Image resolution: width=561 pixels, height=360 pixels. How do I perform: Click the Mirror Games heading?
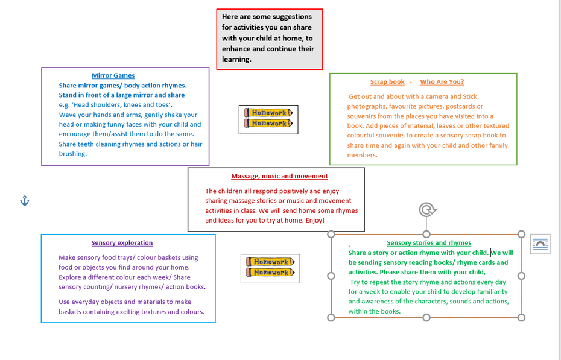click(113, 75)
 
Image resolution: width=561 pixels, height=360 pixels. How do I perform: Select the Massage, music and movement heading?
click(279, 176)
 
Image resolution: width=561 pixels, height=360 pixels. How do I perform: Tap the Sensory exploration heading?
click(122, 243)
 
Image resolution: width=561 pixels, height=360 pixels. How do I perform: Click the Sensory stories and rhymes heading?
click(429, 243)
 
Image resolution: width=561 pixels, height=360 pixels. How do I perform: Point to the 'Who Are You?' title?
click(442, 82)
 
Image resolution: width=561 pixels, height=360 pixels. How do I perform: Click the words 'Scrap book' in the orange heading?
click(387, 82)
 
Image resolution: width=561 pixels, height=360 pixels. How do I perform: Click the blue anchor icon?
click(24, 201)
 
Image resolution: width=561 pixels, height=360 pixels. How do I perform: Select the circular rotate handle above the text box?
click(427, 210)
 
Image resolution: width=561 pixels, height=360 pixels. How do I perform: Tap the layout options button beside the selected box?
click(540, 244)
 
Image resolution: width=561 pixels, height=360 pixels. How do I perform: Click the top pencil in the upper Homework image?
click(268, 113)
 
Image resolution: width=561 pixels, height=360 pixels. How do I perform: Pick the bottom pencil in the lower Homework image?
click(270, 273)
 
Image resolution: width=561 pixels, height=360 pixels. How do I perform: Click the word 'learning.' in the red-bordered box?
click(236, 59)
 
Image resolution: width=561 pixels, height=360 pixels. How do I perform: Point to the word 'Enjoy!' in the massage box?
click(315, 220)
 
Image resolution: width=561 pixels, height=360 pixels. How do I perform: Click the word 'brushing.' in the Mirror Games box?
click(73, 154)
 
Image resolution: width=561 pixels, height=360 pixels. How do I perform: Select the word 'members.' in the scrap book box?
click(362, 155)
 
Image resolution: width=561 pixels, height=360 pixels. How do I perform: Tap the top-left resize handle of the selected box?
click(331, 234)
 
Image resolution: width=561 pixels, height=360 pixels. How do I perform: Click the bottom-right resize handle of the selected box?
click(521, 317)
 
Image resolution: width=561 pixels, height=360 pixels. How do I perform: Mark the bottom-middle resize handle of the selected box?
click(426, 317)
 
